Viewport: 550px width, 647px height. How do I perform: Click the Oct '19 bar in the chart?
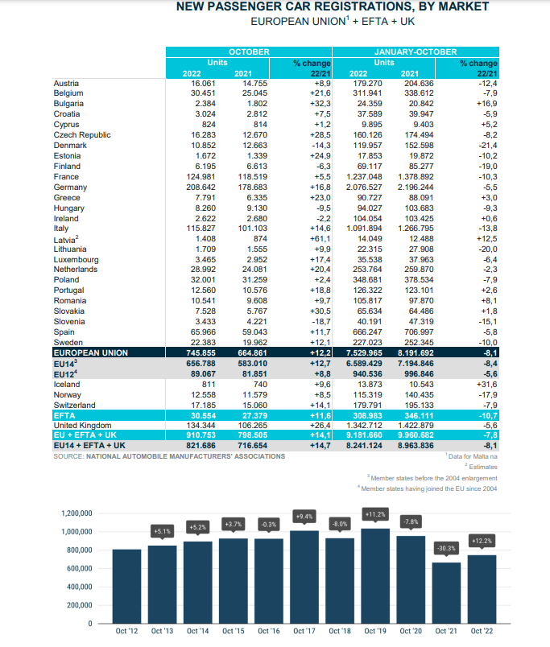coord(375,576)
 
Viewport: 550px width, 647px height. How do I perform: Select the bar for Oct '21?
coord(446,593)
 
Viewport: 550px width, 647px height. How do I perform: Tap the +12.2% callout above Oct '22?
coord(482,541)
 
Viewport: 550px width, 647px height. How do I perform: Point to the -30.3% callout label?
coord(446,548)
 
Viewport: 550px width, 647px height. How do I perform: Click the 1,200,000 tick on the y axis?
coord(77,513)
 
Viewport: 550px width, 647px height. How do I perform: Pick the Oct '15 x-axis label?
coord(234,631)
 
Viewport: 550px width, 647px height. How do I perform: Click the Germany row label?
coord(70,188)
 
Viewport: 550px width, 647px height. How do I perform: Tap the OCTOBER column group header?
coord(249,52)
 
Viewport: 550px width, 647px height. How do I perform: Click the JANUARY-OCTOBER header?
coord(416,52)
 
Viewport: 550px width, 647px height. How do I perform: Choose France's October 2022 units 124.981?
coord(201,176)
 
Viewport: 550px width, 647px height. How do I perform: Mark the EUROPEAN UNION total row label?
coord(91,352)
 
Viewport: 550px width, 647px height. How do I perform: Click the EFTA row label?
coord(65,415)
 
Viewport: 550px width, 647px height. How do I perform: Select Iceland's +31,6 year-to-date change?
coord(487,385)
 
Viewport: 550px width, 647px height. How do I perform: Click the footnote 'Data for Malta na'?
coord(471,456)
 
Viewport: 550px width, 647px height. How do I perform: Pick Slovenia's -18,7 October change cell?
coord(321,322)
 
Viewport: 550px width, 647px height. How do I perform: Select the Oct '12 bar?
coord(126,587)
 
